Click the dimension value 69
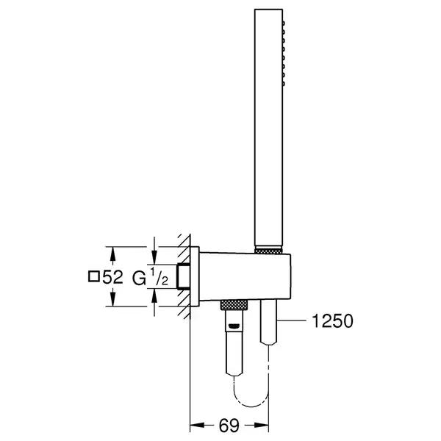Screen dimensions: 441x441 pyautogui.click(x=229, y=425)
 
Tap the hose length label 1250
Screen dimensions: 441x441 pyautogui.click(x=332, y=321)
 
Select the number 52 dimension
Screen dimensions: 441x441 pyautogui.click(x=112, y=277)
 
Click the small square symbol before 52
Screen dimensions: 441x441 pyautogui.click(x=93, y=276)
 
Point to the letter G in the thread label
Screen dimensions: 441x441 pyautogui.click(x=139, y=279)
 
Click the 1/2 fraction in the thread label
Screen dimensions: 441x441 pyautogui.click(x=159, y=277)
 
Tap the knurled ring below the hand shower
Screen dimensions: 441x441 pyautogui.click(x=268, y=251)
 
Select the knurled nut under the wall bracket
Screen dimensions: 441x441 pyautogui.click(x=234, y=305)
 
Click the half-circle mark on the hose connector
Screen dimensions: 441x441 pyautogui.click(x=234, y=326)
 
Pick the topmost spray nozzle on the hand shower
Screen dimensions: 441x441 pyautogui.click(x=284, y=24)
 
